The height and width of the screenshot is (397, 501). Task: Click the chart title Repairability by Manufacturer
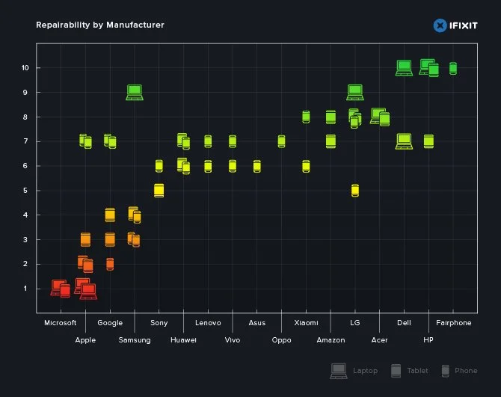[x=100, y=25]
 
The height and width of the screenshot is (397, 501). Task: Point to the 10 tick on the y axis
[x=25, y=68]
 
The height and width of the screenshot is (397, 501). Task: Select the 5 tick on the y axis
[x=25, y=191]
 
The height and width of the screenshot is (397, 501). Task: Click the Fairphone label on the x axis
[x=454, y=323]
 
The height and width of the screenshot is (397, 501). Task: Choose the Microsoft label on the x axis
[x=61, y=323]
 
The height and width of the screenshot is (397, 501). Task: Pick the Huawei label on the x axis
[x=183, y=340]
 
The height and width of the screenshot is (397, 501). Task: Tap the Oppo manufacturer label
[x=282, y=340]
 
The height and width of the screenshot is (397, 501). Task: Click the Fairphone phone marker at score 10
[x=453, y=68]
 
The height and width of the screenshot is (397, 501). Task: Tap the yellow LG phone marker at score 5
[x=355, y=191]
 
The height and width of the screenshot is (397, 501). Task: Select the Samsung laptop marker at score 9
[x=135, y=93]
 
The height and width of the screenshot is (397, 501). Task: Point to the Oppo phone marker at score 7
[x=281, y=141]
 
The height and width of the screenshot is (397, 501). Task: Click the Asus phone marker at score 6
[x=257, y=166]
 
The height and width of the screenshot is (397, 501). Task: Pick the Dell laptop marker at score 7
[x=404, y=141]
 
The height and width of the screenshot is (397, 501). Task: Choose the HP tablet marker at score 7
[x=428, y=141]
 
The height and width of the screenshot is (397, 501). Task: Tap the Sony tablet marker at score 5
[x=159, y=191]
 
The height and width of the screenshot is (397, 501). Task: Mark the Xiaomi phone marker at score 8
[x=306, y=117]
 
